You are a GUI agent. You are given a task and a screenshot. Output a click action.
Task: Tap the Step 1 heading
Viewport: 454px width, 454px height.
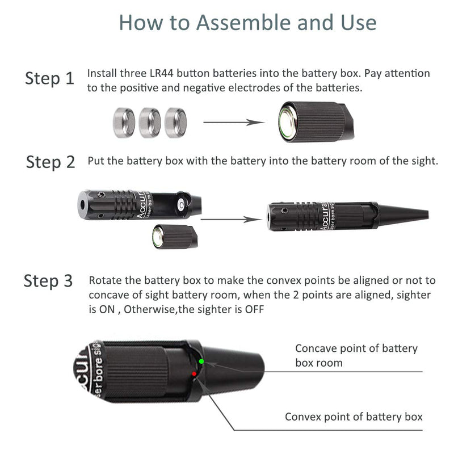[49, 78]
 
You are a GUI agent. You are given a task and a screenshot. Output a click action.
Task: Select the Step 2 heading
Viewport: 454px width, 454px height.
[51, 162]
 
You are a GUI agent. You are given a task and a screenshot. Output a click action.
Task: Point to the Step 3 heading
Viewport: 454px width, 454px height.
[48, 281]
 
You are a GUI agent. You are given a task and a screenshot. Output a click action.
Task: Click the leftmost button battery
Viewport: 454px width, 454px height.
[124, 123]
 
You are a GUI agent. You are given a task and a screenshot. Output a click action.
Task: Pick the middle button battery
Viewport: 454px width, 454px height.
[150, 123]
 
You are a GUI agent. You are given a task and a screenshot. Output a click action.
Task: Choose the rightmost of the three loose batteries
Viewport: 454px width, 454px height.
[175, 123]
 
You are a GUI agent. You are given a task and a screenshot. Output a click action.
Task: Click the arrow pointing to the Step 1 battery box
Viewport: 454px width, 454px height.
[234, 123]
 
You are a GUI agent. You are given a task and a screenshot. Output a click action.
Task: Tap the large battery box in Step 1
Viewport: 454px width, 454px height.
[316, 121]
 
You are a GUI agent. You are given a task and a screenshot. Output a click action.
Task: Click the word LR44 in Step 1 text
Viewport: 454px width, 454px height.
[161, 73]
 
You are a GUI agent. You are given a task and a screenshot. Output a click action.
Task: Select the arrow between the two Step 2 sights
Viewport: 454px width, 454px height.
[232, 220]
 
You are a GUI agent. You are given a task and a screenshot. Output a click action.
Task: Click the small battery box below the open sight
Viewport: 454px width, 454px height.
[175, 236]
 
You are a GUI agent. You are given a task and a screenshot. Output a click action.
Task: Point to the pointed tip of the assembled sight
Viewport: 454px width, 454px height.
[428, 215]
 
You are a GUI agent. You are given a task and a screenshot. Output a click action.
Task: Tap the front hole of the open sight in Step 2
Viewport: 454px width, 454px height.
[82, 204]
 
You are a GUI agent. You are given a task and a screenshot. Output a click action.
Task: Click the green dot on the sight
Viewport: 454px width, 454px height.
[201, 361]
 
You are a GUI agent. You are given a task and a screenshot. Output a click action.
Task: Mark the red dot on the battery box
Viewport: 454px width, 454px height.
[194, 374]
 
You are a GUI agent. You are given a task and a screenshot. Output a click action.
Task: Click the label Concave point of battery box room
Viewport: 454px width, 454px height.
[356, 356]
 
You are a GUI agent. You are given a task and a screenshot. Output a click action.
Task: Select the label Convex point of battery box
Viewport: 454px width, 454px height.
[354, 417]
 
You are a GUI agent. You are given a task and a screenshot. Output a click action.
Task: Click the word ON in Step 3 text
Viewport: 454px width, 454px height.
[107, 309]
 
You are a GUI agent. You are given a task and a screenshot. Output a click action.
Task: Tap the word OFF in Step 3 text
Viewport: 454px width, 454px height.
[254, 309]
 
